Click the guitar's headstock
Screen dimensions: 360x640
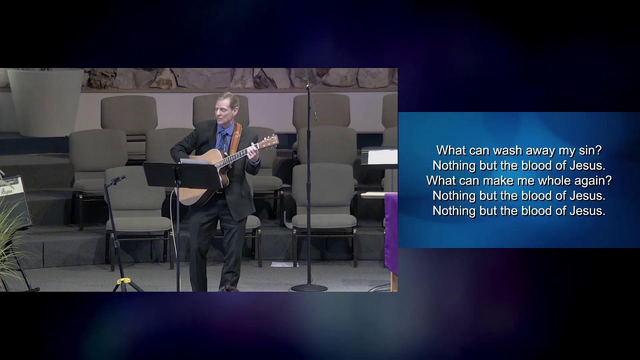coord(269,142)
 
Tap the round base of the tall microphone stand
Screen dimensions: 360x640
coord(308,287)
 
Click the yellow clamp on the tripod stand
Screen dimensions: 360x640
coord(123,281)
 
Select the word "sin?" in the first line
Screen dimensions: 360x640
coord(590,150)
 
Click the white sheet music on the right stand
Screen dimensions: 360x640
coord(382,157)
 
